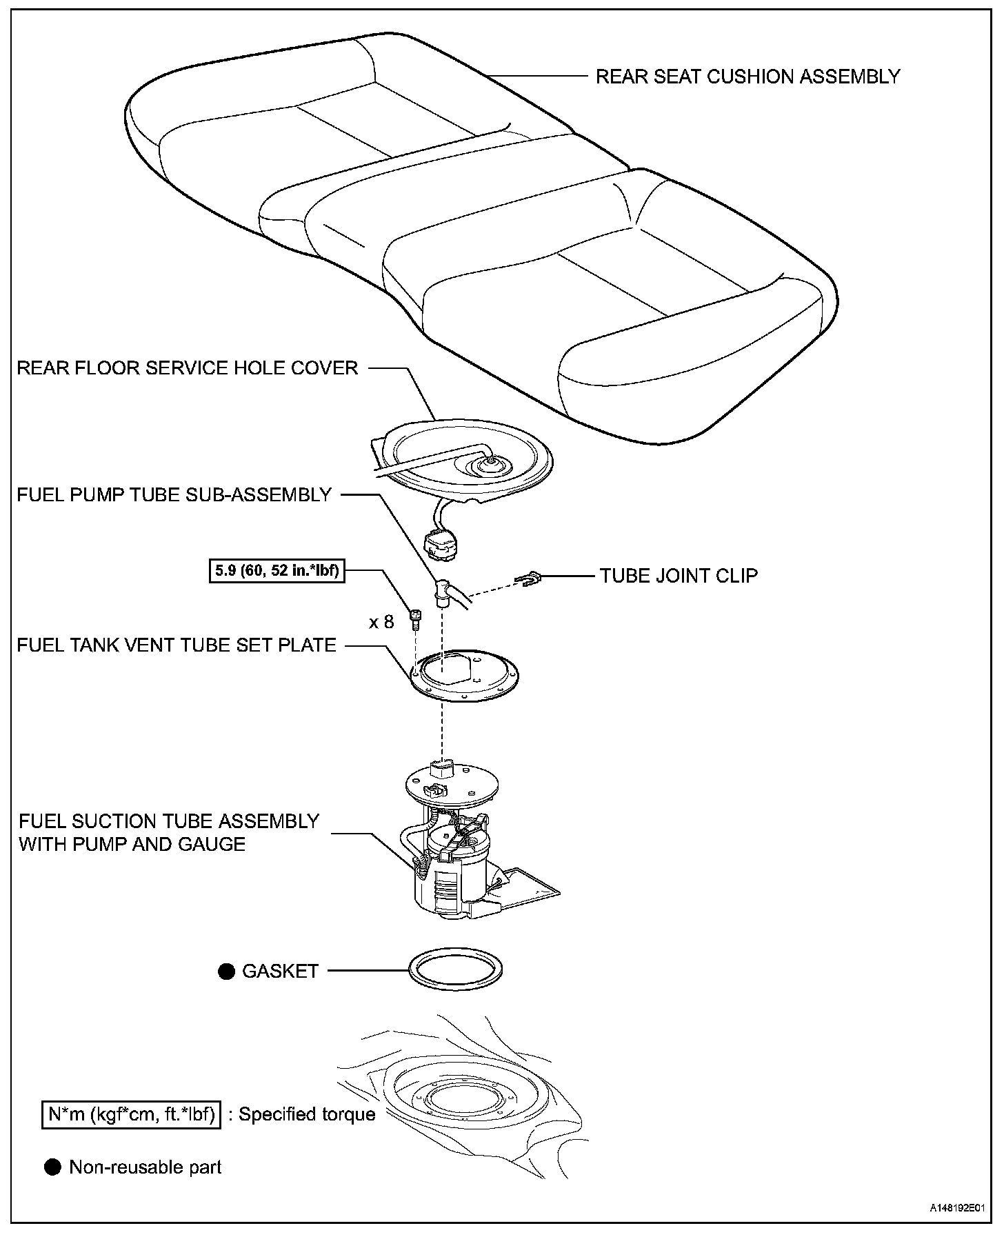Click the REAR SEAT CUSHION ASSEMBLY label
pyautogui.click(x=747, y=76)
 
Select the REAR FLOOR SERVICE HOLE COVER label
pyautogui.click(x=187, y=368)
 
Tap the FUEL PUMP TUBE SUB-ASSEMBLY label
pyautogui.click(x=174, y=494)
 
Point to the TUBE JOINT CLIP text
pyautogui.click(x=679, y=575)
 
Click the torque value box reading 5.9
pyautogui.click(x=277, y=570)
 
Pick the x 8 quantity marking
pyautogui.click(x=381, y=622)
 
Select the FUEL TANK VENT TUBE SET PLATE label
pyautogui.click(x=177, y=645)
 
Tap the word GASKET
pyautogui.click(x=280, y=971)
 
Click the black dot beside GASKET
pyautogui.click(x=226, y=972)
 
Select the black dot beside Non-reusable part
pyautogui.click(x=52, y=1167)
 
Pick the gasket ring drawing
pyautogui.click(x=455, y=971)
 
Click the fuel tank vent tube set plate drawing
pyautogui.click(x=463, y=676)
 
